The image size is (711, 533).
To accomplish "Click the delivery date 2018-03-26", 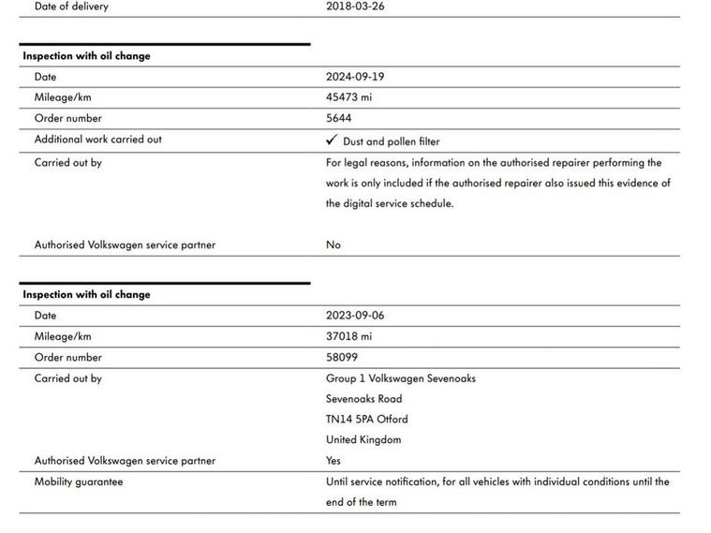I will click(355, 6).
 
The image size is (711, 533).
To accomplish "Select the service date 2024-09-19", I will click(355, 77).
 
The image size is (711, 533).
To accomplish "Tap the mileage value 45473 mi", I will click(348, 97).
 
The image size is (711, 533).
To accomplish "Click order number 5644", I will click(339, 118).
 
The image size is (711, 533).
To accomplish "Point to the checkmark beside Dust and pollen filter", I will click(332, 141).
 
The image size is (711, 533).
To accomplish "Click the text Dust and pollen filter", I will click(391, 141).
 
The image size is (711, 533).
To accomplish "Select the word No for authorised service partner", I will click(333, 244).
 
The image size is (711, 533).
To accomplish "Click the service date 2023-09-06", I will click(355, 316).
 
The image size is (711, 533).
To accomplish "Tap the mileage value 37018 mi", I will click(348, 336).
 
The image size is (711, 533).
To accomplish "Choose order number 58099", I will click(342, 357).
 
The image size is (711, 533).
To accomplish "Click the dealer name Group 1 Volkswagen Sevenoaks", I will click(400, 378).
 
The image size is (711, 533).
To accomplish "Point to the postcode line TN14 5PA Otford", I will click(366, 419).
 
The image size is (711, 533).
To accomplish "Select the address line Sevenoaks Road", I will click(363, 399).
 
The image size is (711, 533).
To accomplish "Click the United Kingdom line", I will click(363, 439).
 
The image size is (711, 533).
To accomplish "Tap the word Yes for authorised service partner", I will click(333, 460).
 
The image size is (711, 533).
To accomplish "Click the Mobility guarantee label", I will click(79, 481).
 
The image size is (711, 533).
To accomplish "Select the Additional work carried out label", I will click(97, 140).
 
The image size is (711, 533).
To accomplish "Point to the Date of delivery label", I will click(71, 6).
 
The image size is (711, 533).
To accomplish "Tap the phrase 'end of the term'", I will click(361, 502).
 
